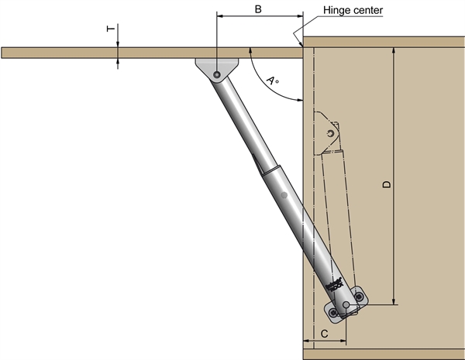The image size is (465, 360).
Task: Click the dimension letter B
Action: coord(257,9)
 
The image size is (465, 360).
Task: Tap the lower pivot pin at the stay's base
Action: coord(346,305)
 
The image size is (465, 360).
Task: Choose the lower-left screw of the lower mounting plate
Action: coord(334,313)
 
